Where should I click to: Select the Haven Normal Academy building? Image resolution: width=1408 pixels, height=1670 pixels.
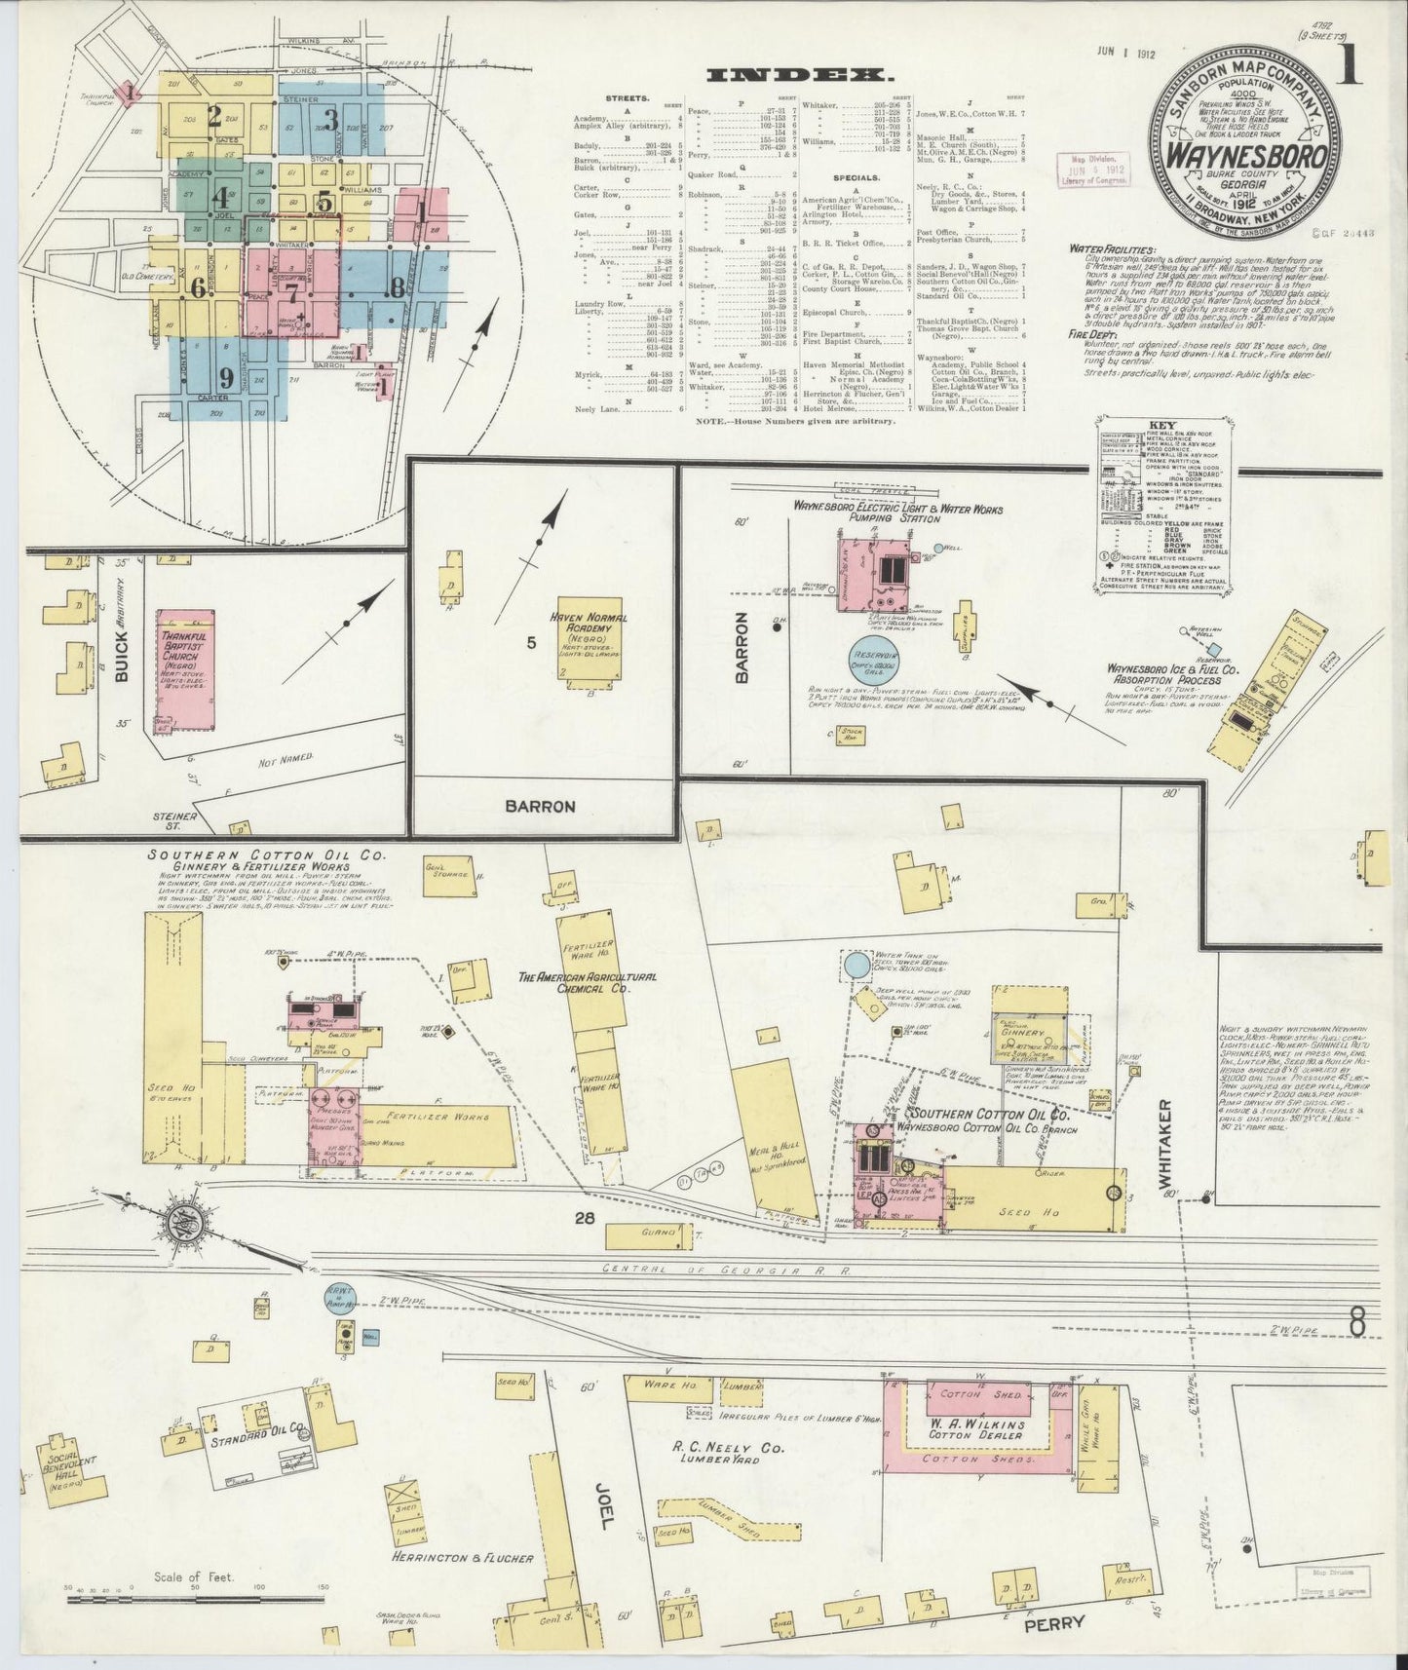pyautogui.click(x=589, y=644)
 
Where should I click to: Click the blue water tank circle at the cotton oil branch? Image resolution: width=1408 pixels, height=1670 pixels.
pyautogui.click(x=857, y=966)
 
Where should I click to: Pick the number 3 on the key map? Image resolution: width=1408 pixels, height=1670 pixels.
pyautogui.click(x=331, y=120)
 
